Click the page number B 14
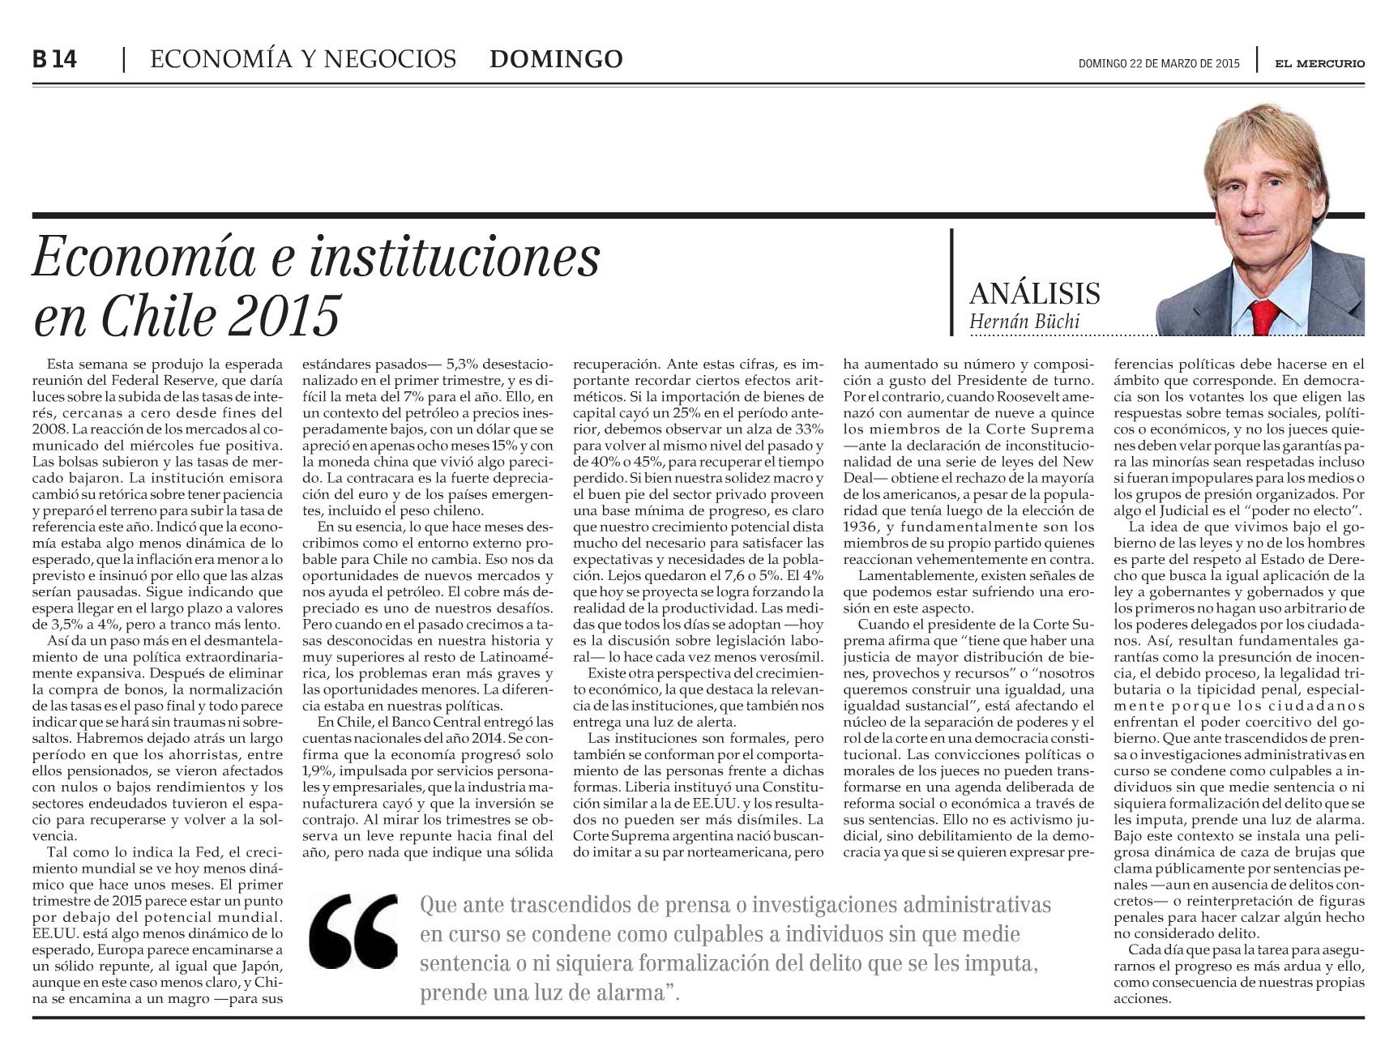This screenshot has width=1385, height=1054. click(x=55, y=60)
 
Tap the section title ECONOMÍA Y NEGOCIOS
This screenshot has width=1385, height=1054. click(x=303, y=59)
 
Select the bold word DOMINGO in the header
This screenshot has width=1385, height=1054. click(x=557, y=59)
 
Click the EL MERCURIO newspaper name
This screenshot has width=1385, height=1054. click(x=1319, y=63)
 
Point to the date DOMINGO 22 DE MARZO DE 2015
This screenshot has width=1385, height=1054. click(x=1158, y=64)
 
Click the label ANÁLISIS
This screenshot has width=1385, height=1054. click(x=1034, y=292)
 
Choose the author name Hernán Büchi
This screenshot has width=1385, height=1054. click(x=1024, y=322)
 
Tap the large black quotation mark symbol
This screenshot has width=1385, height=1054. click(x=354, y=932)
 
